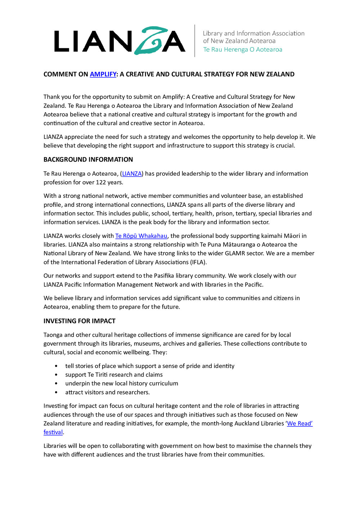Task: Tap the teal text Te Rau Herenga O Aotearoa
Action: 243,50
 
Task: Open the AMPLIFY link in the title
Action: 103,74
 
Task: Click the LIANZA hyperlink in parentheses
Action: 132,173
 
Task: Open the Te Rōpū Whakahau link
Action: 141,236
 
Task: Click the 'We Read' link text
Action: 300,423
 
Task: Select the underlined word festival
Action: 53,432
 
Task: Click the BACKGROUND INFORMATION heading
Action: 88,159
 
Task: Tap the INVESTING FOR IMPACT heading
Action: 80,321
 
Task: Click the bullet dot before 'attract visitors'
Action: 56,392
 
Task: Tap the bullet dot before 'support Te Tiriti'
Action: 56,375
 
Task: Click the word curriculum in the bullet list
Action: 163,383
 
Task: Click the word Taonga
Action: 53,335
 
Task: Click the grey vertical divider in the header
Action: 195,41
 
